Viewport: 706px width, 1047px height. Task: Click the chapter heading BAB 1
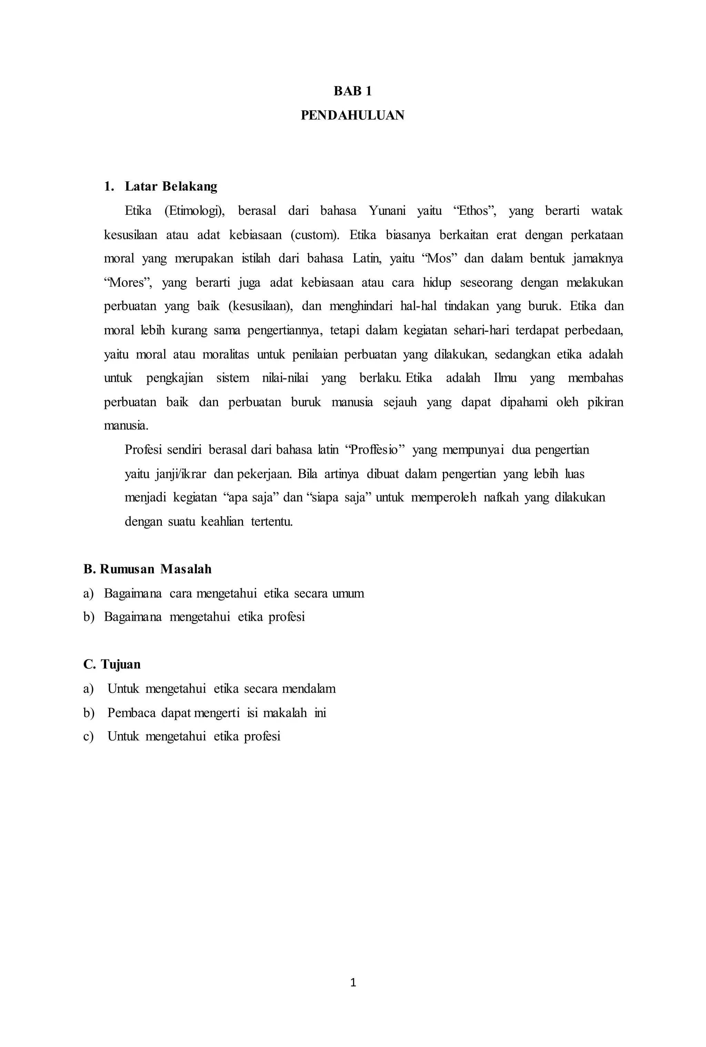click(x=353, y=91)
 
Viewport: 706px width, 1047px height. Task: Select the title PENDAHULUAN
click(x=353, y=116)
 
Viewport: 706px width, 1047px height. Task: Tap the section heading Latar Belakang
click(x=171, y=187)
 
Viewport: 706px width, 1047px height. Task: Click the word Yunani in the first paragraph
click(x=387, y=211)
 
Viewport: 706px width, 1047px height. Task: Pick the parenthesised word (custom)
click(x=315, y=235)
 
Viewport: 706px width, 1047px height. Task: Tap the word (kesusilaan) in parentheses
click(x=261, y=306)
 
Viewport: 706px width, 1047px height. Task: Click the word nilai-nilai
click(x=285, y=378)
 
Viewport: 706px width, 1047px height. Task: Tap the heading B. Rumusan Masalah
click(x=147, y=569)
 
